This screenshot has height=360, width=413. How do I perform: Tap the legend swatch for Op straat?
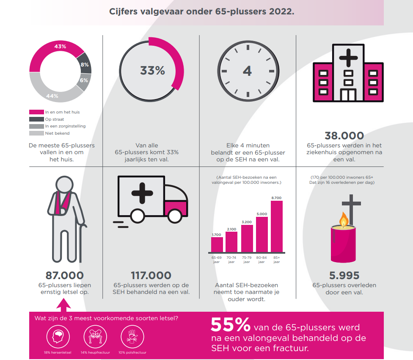(x=37, y=119)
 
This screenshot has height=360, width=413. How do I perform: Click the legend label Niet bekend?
(x=57, y=133)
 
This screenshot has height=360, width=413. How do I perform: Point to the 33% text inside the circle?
(x=152, y=70)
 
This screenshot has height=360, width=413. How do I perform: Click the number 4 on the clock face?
(x=247, y=71)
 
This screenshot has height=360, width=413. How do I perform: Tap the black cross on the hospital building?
(x=348, y=58)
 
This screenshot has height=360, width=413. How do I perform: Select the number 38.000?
(x=344, y=136)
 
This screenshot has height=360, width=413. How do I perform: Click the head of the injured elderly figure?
(x=64, y=185)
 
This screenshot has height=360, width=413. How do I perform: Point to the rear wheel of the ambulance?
(x=138, y=216)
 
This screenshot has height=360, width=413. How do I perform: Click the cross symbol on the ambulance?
(x=142, y=193)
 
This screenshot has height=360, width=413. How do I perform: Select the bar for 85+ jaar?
(x=277, y=227)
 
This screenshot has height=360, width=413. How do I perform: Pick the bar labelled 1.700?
(x=217, y=244)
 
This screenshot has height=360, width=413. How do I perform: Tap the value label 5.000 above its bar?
(x=262, y=214)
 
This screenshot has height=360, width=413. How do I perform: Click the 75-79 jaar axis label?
(x=247, y=260)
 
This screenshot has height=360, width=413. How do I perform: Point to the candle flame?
(x=344, y=219)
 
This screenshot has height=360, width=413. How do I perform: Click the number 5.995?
(x=344, y=275)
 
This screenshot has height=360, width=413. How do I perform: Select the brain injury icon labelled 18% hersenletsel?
(x=58, y=337)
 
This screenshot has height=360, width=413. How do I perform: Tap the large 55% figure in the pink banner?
(x=231, y=324)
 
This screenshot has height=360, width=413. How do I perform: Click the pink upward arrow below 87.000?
(x=63, y=305)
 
